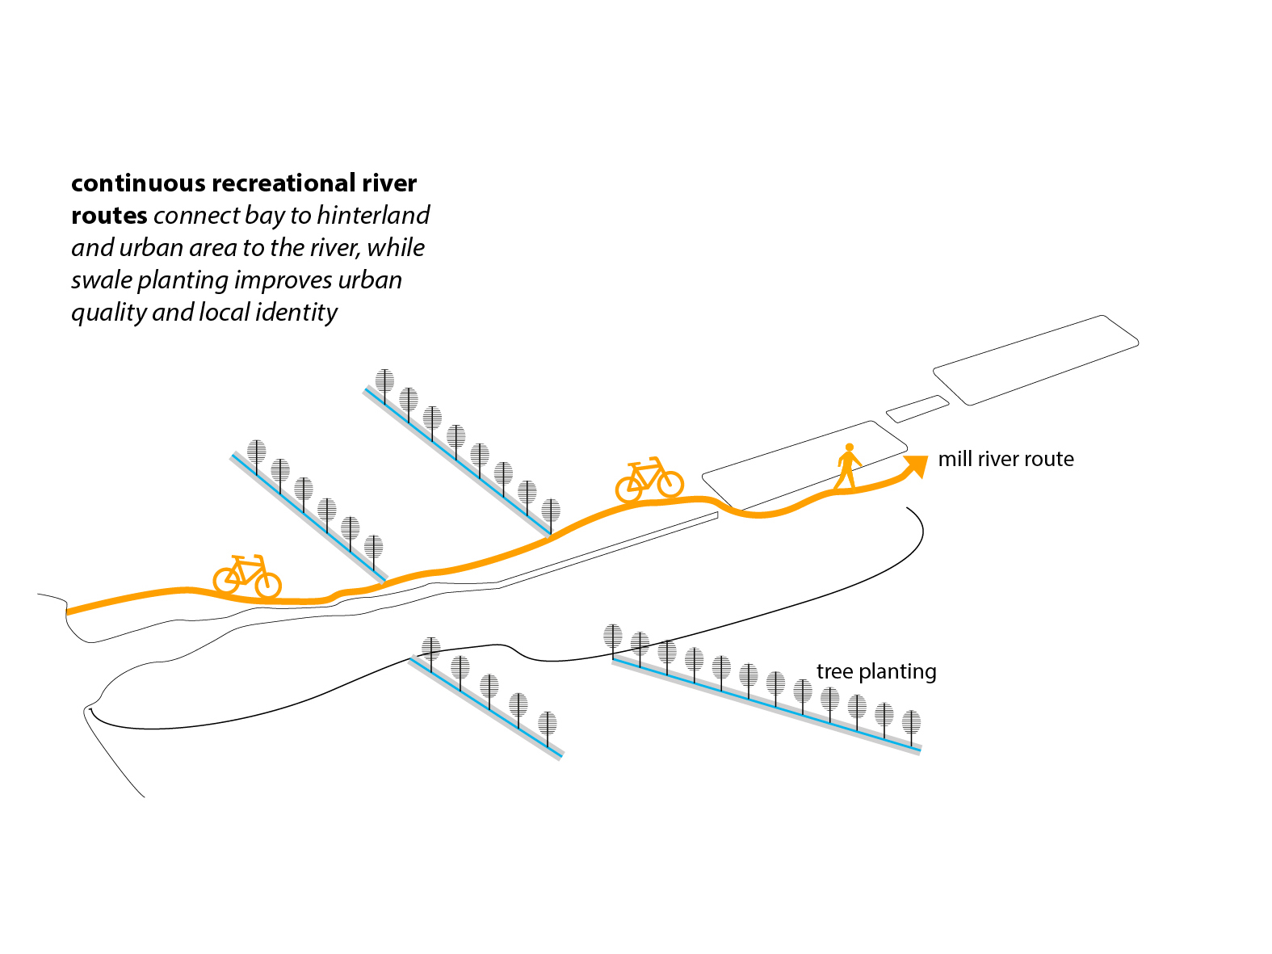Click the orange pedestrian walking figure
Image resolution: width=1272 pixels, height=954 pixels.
pyautogui.click(x=849, y=467)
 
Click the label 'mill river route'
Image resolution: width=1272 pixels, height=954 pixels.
pyautogui.click(x=1005, y=459)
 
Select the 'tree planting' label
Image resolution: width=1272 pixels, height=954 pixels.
pyautogui.click(x=876, y=672)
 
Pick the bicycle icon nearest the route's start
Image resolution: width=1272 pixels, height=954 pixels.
pyautogui.click(x=247, y=577)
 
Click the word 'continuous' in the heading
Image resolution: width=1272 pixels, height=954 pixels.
pyautogui.click(x=138, y=183)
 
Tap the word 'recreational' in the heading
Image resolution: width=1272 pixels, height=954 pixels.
pyautogui.click(x=284, y=183)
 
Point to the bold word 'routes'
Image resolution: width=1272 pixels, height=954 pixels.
pyautogui.click(x=109, y=216)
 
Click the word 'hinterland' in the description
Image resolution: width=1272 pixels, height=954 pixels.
pyautogui.click(x=373, y=215)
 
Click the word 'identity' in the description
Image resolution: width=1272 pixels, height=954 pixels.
pyautogui.click(x=296, y=313)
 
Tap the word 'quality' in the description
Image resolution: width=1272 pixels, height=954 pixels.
pyautogui.click(x=109, y=313)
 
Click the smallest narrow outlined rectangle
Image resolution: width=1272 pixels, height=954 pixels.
pyautogui.click(x=917, y=409)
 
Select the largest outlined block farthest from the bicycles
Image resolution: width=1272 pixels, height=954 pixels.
pyautogui.click(x=1035, y=359)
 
